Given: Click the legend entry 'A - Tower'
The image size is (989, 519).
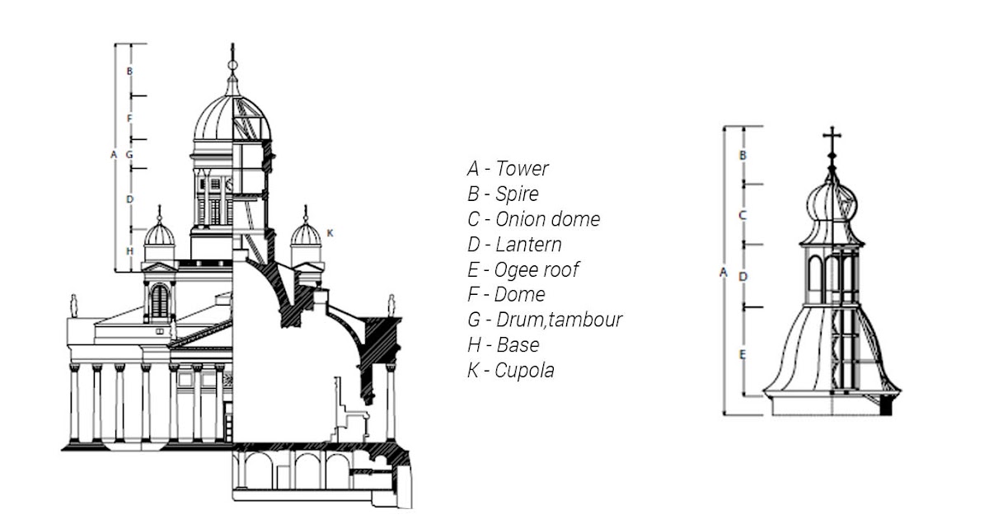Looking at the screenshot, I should pos(507,169).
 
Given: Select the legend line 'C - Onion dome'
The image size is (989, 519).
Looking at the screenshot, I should pos(533,219).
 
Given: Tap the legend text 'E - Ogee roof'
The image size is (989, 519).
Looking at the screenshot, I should pos(523,269).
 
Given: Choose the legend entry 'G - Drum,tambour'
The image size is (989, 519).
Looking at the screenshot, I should pos(544,320).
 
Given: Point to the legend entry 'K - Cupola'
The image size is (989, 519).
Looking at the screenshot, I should pos(510,370).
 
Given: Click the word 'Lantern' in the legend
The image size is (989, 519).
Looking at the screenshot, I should pos(528,245).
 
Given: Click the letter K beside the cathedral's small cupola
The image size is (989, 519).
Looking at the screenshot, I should pos(330,233).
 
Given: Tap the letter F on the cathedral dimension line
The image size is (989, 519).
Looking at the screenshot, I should pos(129,119).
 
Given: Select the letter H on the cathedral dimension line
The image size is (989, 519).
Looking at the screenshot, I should pos(129,250).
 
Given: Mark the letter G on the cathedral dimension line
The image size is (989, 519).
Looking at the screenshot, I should pos(129,154).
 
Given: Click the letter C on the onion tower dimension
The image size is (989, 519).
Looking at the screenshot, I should pos(743,215).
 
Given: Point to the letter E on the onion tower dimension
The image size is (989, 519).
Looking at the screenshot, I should pos(743,354).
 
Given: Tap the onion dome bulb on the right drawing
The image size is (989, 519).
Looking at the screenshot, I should pos(831,202).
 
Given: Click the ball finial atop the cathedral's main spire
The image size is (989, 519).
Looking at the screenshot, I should pos(232,63).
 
